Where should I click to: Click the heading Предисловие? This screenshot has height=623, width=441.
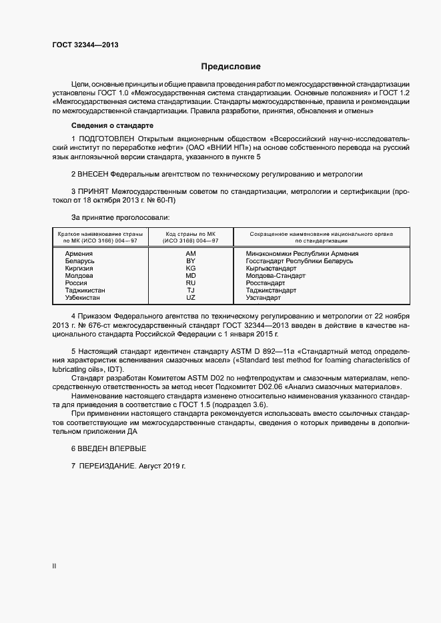click(x=231, y=67)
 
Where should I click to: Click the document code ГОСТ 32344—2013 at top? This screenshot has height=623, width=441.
click(x=86, y=45)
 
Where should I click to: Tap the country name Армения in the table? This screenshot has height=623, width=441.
click(x=79, y=254)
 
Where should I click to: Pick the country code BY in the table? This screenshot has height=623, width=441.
click(x=190, y=261)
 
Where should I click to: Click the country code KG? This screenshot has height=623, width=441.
click(x=190, y=269)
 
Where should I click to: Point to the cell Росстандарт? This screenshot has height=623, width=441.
click(x=265, y=283)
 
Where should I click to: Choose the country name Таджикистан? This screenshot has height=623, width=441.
click(x=85, y=291)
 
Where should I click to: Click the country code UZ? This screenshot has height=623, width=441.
click(x=190, y=298)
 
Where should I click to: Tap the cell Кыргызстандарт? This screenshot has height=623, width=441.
click(x=271, y=269)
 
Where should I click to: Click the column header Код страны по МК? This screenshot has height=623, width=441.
click(x=190, y=234)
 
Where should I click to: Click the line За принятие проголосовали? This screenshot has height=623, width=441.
click(x=120, y=217)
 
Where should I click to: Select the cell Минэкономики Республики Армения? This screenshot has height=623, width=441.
click(x=302, y=254)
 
